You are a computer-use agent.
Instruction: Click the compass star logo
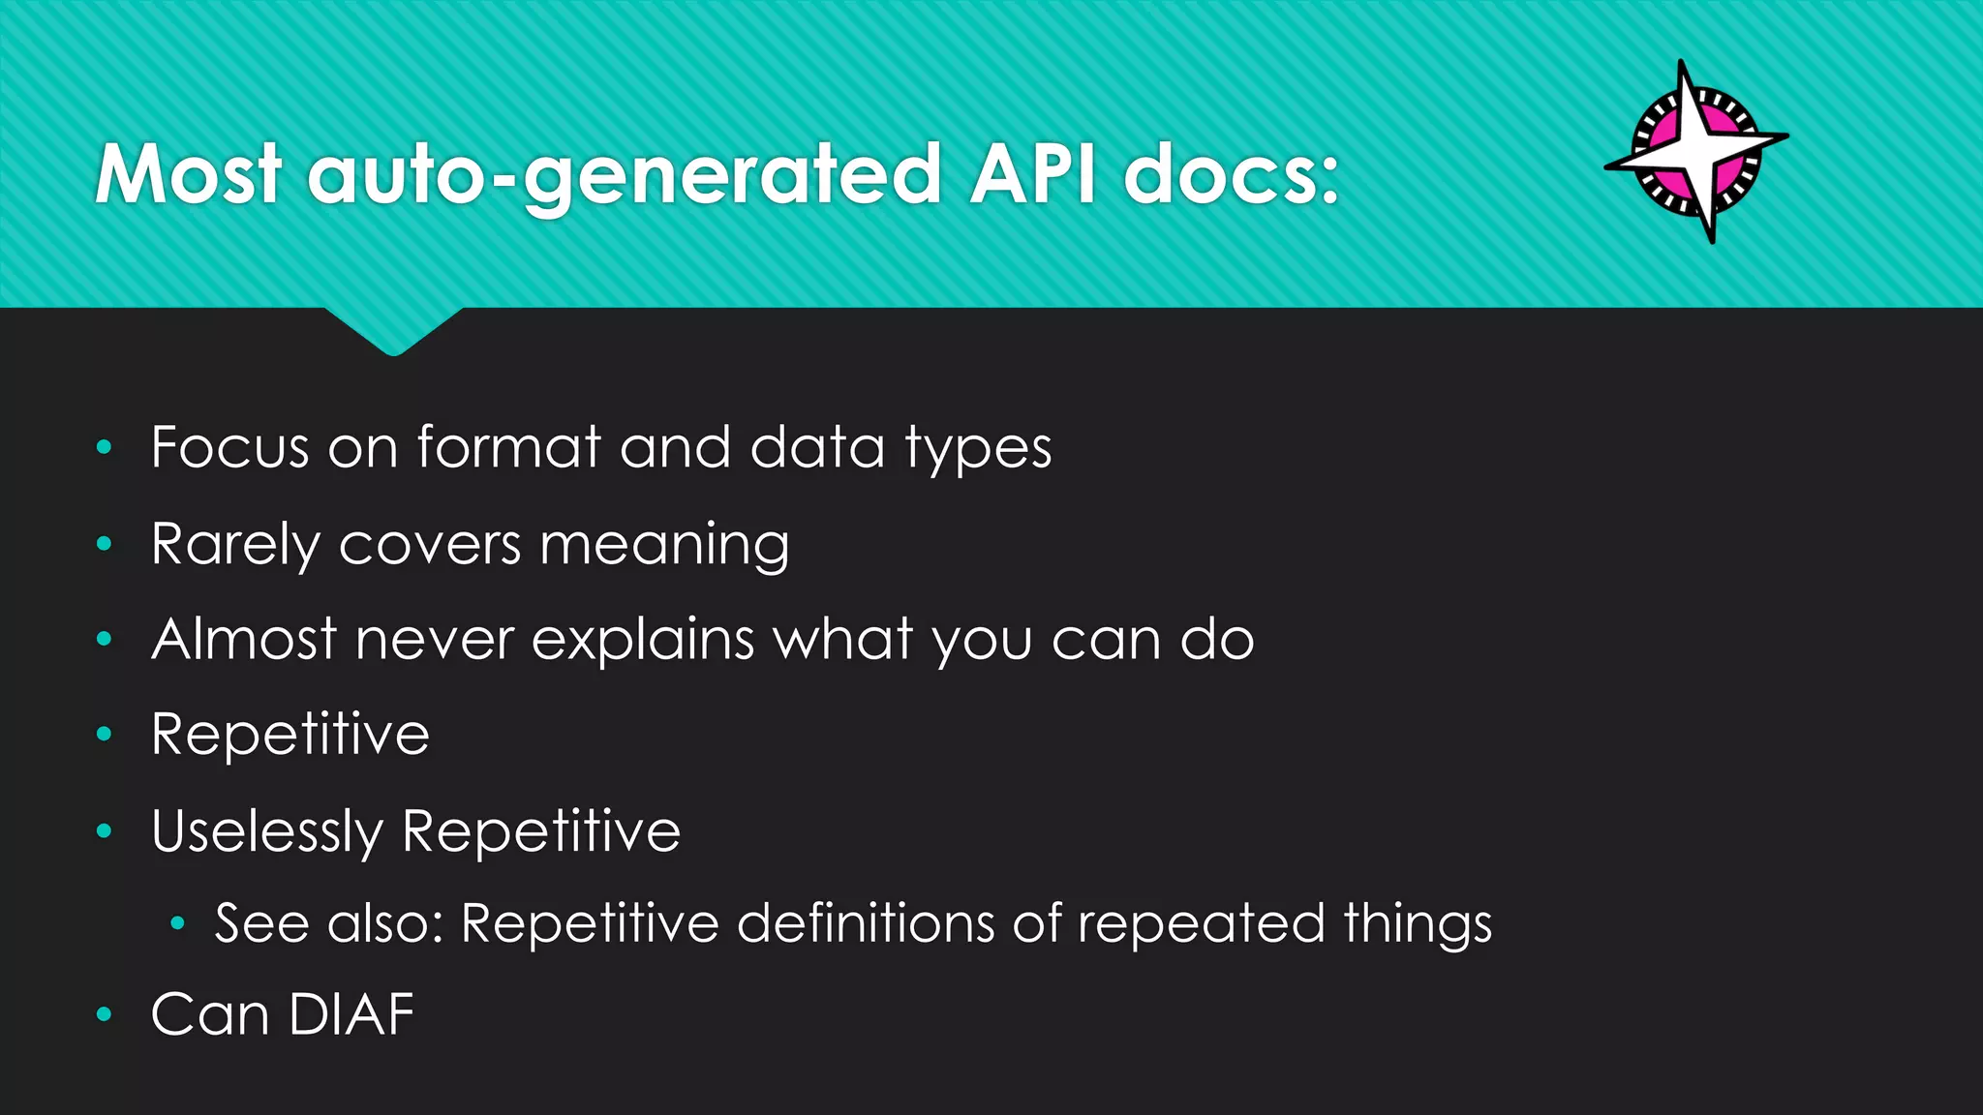(x=1696, y=151)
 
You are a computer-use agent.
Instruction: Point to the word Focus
(x=229, y=447)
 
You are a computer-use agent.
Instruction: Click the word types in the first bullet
(x=978, y=449)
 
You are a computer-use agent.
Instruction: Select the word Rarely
(x=235, y=544)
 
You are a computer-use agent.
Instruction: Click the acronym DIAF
(x=351, y=1014)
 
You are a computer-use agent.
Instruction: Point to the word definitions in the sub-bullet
(x=866, y=922)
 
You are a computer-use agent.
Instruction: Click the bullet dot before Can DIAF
(x=105, y=1014)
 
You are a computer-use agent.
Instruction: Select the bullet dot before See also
(x=177, y=923)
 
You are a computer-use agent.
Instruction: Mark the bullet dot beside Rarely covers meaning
(x=105, y=544)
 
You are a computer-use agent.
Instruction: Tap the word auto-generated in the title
(x=625, y=176)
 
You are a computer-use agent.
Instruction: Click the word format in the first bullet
(x=509, y=447)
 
